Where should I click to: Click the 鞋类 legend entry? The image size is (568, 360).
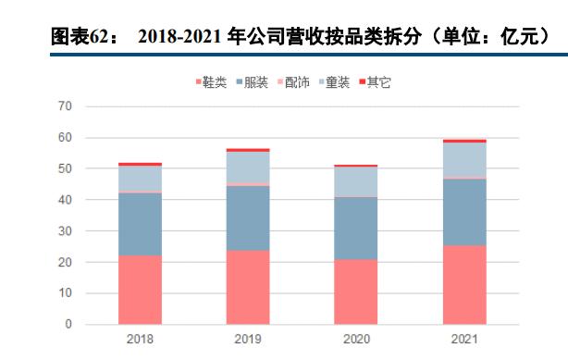pos(212,83)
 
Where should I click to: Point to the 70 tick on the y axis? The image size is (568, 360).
pos(65,106)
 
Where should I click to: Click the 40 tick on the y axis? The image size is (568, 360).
pos(65,200)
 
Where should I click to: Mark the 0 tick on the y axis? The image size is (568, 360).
pos(68,325)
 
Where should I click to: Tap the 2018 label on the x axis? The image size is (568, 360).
pos(140,339)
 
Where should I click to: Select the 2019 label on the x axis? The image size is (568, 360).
pos(248,339)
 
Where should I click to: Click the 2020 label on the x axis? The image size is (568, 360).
pos(356,339)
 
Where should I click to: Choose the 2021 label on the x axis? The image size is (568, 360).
pos(463,339)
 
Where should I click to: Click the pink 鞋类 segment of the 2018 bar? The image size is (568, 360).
pos(140,290)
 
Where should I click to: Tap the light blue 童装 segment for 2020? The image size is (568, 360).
pos(356,182)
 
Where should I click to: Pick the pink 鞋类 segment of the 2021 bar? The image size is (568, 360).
pos(463,285)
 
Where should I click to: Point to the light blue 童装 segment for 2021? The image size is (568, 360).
pos(463,159)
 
